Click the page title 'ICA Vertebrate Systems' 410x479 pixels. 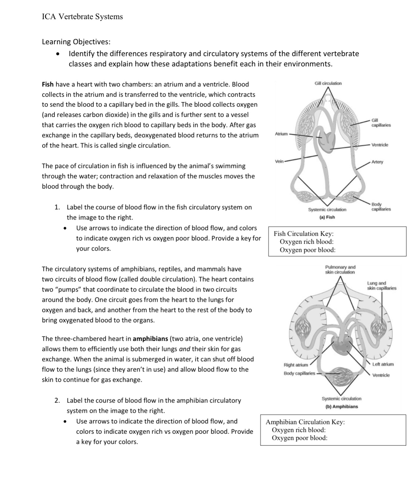(x=82, y=17)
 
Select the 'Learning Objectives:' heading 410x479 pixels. (x=76, y=42)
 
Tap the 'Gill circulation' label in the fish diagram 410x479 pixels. (x=328, y=83)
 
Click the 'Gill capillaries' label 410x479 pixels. (x=381, y=123)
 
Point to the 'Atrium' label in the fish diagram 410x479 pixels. (x=281, y=134)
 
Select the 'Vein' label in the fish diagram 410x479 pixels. (x=279, y=161)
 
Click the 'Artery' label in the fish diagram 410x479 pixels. (x=377, y=162)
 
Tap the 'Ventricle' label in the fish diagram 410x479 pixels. (x=380, y=145)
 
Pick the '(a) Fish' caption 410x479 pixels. (x=327, y=217)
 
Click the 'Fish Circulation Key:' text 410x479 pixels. (x=303, y=234)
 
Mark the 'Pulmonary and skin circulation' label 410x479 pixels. (x=340, y=269)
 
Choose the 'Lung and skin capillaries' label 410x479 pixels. (x=381, y=286)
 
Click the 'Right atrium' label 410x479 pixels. (x=296, y=365)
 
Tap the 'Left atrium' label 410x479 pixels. (x=383, y=364)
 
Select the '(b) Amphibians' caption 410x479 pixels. (x=341, y=407)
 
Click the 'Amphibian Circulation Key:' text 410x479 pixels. (x=305, y=422)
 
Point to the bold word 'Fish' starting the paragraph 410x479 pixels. (x=48, y=84)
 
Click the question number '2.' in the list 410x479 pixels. (x=57, y=401)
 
